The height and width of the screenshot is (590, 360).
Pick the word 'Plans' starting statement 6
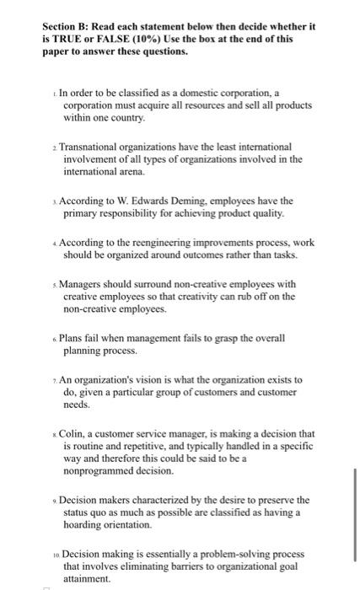tap(73, 339)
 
